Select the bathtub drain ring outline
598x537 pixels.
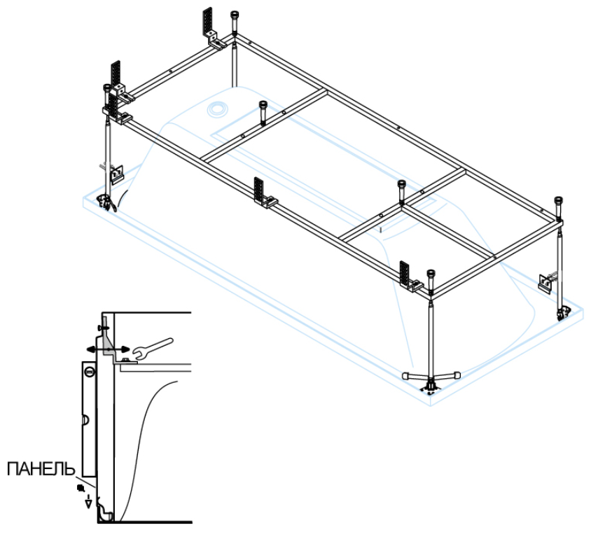(x=216, y=109)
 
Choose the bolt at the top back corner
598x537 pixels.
(x=233, y=20)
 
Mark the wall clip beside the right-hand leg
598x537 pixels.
(x=544, y=280)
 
